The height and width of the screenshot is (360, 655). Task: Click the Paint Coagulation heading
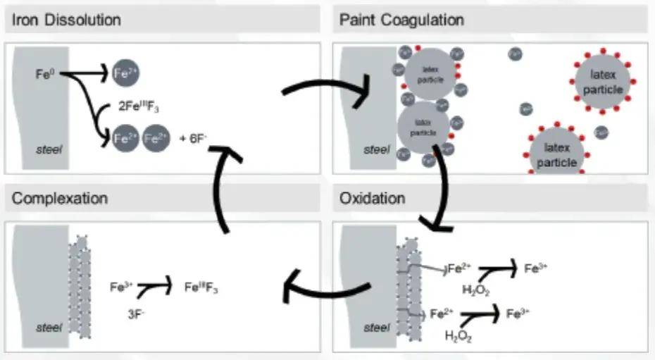[401, 19]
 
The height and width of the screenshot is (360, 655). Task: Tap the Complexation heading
[60, 198]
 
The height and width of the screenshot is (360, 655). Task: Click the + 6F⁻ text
[192, 138]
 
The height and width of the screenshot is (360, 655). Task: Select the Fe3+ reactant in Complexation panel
[122, 287]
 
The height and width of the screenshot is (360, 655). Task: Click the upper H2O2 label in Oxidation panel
[475, 290]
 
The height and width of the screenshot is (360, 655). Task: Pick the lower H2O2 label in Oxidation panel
[458, 336]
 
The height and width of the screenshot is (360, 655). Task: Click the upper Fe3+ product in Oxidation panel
[537, 268]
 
